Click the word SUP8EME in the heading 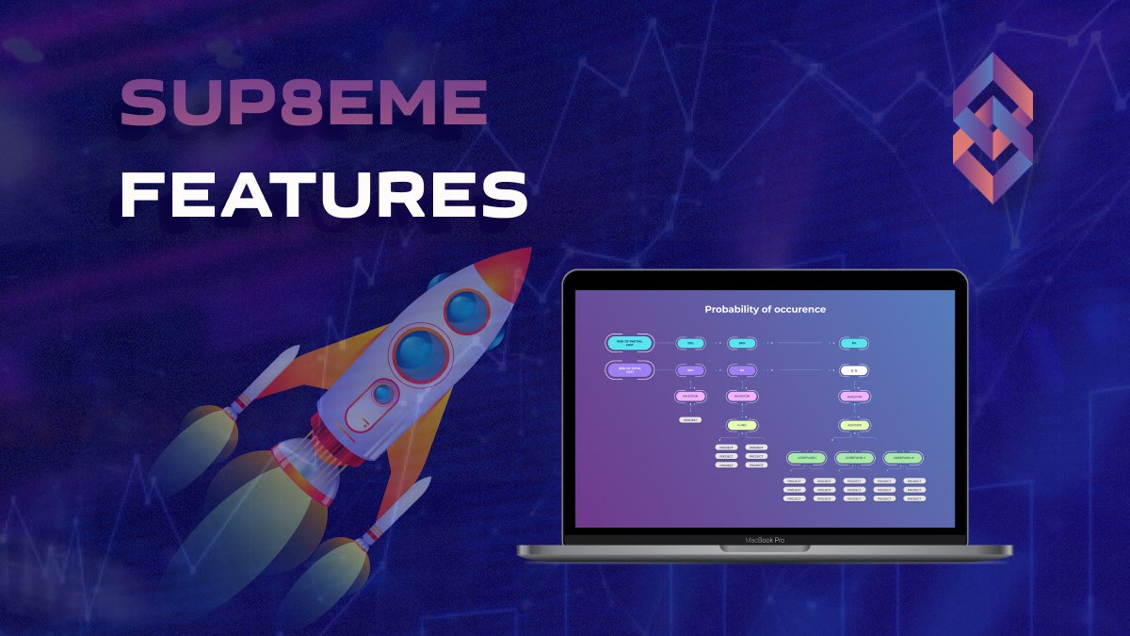pos(303,104)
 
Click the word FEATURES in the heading pos(323,194)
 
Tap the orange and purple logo pos(993,128)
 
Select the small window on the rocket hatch pos(383,394)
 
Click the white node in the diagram pos(854,370)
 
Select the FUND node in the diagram pos(742,425)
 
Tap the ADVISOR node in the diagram pos(854,425)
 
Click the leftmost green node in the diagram pos(807,458)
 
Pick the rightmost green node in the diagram pos(902,458)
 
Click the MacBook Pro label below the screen pos(765,541)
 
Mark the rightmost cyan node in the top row pos(854,344)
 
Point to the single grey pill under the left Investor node pos(690,419)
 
